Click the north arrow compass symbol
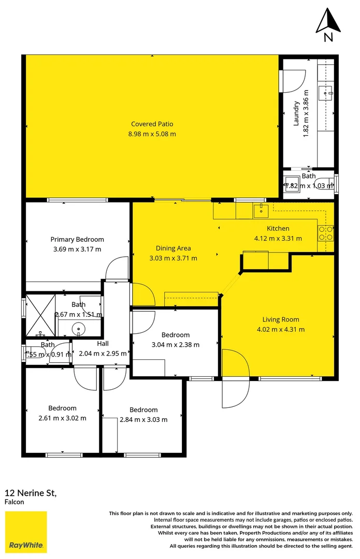click(327, 23)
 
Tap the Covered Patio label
click(152, 124)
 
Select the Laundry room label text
click(296, 113)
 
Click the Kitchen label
click(278, 229)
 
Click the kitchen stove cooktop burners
click(326, 233)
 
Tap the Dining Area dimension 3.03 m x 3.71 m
click(173, 258)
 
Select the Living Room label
click(280, 319)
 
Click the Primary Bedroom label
click(77, 240)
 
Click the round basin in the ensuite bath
click(78, 328)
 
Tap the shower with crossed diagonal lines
click(40, 312)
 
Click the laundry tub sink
click(329, 94)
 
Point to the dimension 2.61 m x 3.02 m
click(62, 418)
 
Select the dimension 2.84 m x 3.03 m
click(143, 420)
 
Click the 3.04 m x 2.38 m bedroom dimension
click(175, 345)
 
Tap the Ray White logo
click(26, 532)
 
